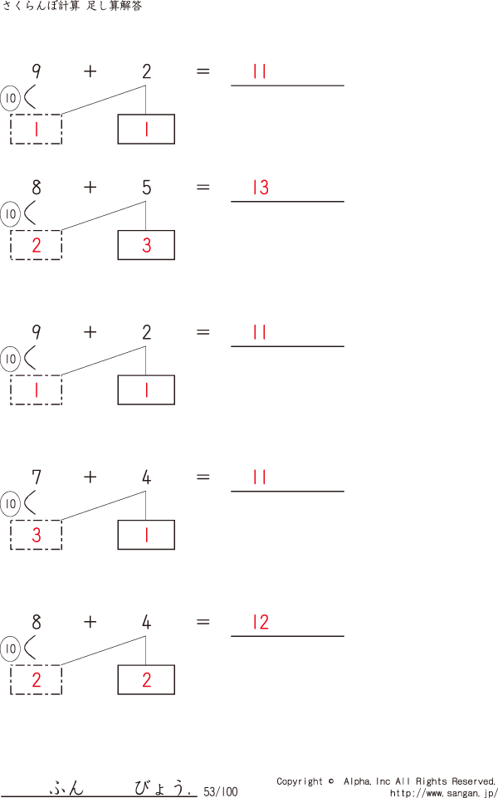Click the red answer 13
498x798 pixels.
(x=261, y=188)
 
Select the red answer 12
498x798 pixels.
(x=261, y=623)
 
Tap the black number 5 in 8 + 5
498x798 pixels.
(x=147, y=188)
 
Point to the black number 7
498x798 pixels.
(x=37, y=477)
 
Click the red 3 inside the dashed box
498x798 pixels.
(x=37, y=536)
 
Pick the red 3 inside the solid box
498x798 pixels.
(x=147, y=246)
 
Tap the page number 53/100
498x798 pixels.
(x=220, y=792)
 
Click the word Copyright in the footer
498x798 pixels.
(x=300, y=781)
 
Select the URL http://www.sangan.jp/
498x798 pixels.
(x=443, y=793)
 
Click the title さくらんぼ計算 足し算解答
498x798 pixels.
(x=72, y=7)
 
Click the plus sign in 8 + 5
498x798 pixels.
(x=90, y=188)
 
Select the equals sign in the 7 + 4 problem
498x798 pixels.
(x=203, y=477)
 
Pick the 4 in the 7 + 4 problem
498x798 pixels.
(x=147, y=477)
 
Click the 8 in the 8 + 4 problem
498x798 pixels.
(x=37, y=623)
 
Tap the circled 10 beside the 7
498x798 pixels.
(x=11, y=504)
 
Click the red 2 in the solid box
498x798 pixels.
(x=147, y=681)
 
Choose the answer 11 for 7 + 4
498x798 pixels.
(x=260, y=477)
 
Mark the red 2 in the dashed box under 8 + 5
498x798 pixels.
(x=37, y=246)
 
